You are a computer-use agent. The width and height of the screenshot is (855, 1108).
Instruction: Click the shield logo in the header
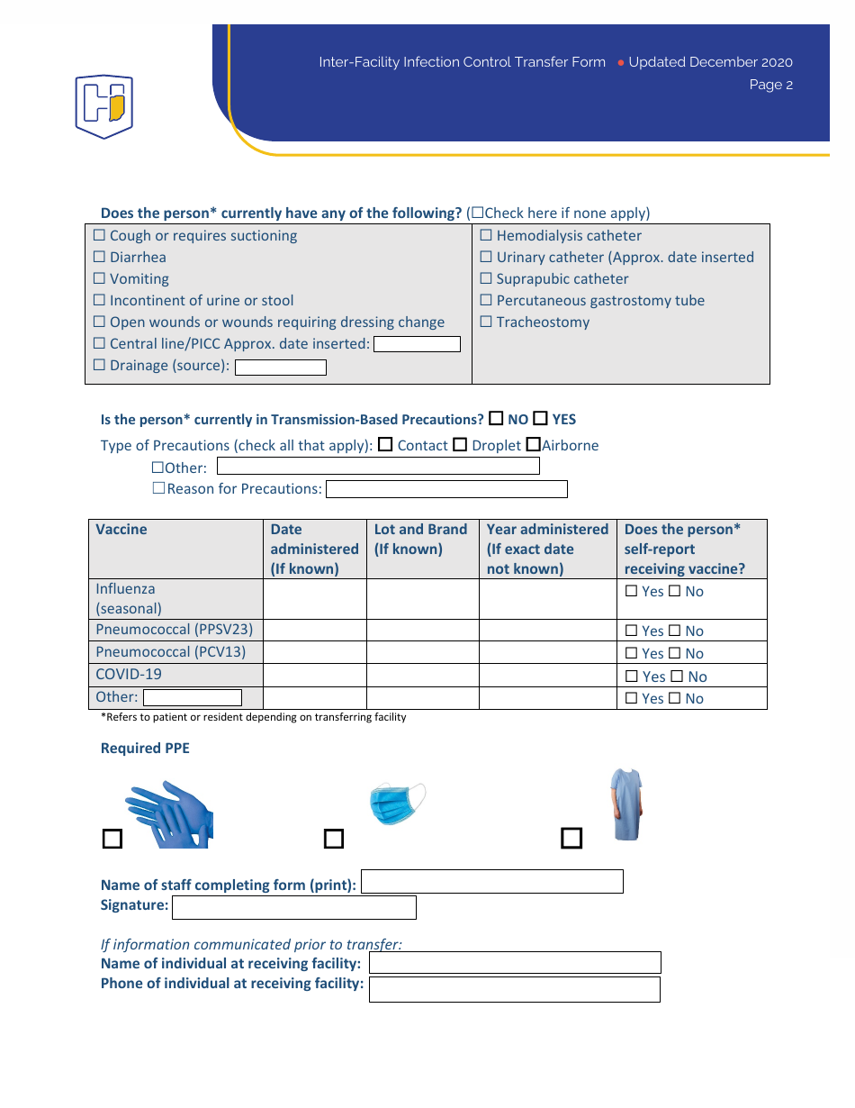click(103, 105)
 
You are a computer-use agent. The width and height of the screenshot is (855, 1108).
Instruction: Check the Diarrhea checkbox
click(100, 258)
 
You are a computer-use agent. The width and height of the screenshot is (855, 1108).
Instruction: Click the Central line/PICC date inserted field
click(417, 344)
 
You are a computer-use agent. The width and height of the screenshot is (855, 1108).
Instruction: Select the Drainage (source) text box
click(281, 367)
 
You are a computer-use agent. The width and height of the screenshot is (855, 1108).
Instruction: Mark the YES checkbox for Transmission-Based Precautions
click(540, 419)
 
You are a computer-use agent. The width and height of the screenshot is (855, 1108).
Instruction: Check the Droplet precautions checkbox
click(460, 445)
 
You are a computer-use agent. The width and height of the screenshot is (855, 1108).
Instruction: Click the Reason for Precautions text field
click(446, 489)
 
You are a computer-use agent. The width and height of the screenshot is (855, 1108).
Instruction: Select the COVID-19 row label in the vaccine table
click(129, 675)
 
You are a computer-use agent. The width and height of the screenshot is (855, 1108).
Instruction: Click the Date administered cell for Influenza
click(314, 599)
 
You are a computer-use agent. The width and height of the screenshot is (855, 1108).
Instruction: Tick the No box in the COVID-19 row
click(675, 677)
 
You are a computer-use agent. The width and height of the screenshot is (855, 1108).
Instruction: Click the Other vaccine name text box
click(193, 697)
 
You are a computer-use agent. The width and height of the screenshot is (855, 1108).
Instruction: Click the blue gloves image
click(170, 814)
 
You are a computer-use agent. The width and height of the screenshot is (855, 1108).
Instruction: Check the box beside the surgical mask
click(334, 839)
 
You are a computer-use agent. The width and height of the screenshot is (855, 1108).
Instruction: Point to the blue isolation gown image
click(625, 804)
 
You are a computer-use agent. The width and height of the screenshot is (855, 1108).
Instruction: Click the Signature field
click(293, 907)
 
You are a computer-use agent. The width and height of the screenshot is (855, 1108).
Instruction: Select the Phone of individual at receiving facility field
click(514, 990)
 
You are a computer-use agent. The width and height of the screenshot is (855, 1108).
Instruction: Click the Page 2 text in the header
click(770, 85)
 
